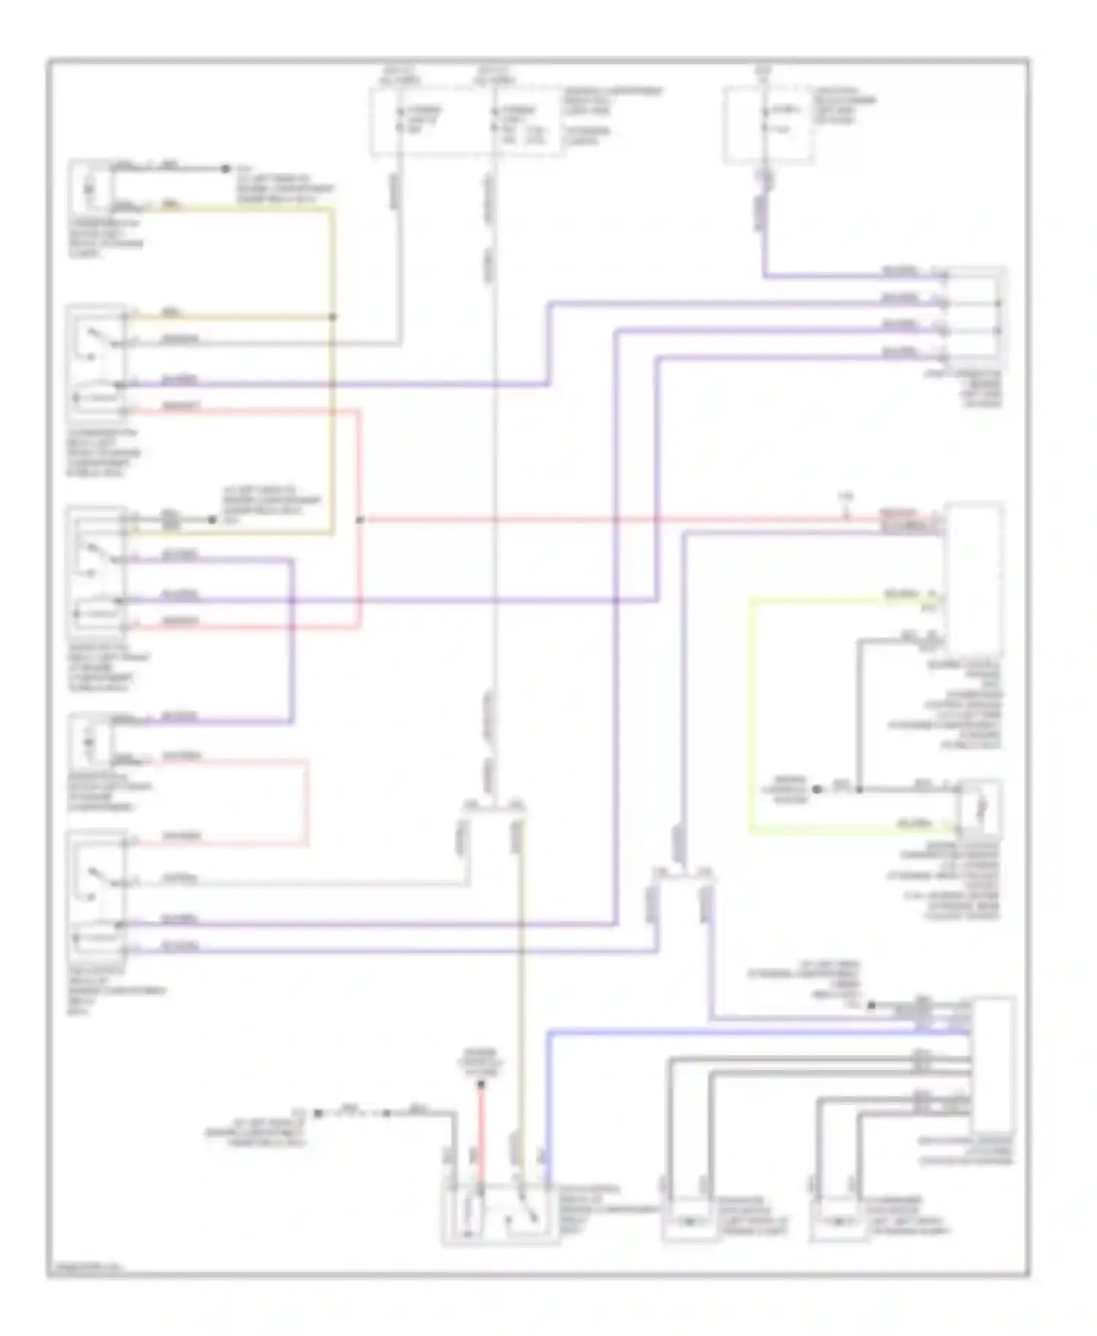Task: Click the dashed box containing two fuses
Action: click(468, 122)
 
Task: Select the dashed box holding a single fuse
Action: click(768, 124)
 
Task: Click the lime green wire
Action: click(750, 716)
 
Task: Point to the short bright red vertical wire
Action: click(481, 1129)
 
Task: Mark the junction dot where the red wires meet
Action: click(359, 520)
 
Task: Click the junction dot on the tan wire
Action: click(333, 317)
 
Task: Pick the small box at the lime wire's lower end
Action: click(980, 808)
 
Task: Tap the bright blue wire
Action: click(548, 1096)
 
